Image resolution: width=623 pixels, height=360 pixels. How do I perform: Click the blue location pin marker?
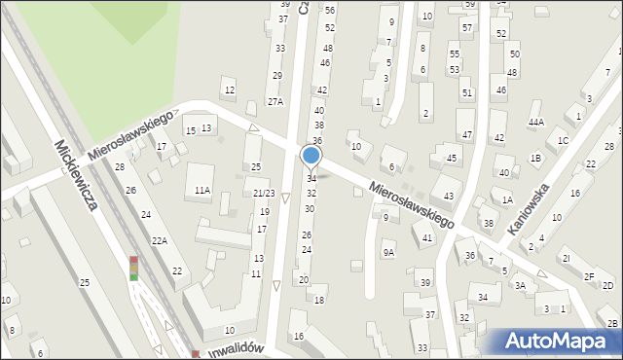click(x=311, y=156)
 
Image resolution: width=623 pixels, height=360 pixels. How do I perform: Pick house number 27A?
click(x=275, y=101)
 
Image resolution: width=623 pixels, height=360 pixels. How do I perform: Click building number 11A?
click(x=202, y=191)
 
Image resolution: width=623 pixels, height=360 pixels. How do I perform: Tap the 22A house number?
click(x=159, y=240)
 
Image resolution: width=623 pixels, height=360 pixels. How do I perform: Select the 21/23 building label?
click(x=264, y=194)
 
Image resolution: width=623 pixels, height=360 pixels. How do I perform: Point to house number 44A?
click(x=535, y=122)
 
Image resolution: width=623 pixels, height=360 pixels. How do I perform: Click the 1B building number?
click(x=535, y=158)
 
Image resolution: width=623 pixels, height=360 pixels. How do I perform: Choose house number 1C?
click(x=563, y=140)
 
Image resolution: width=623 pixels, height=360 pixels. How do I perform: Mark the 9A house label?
click(x=388, y=252)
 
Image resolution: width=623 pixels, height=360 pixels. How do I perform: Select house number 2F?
click(x=589, y=276)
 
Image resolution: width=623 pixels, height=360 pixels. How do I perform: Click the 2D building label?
click(x=607, y=285)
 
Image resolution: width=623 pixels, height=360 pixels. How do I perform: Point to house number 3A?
click(x=520, y=285)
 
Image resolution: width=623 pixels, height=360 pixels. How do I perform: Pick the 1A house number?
click(x=507, y=200)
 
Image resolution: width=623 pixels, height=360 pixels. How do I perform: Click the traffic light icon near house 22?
click(x=133, y=269)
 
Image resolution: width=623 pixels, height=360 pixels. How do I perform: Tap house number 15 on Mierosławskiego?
click(x=191, y=130)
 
